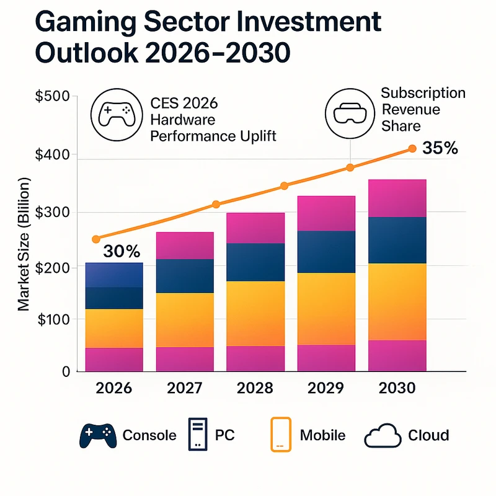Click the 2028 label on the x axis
(255, 388)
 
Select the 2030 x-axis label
(397, 388)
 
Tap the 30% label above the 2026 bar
(122, 251)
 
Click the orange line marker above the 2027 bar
(216, 205)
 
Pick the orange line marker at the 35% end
(412, 149)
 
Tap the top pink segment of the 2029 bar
(327, 213)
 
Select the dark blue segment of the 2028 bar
(255, 262)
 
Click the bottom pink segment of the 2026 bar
(115, 359)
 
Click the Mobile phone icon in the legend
(281, 434)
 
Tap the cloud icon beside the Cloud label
(383, 436)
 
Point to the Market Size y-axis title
(24, 245)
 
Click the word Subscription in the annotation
(423, 94)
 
